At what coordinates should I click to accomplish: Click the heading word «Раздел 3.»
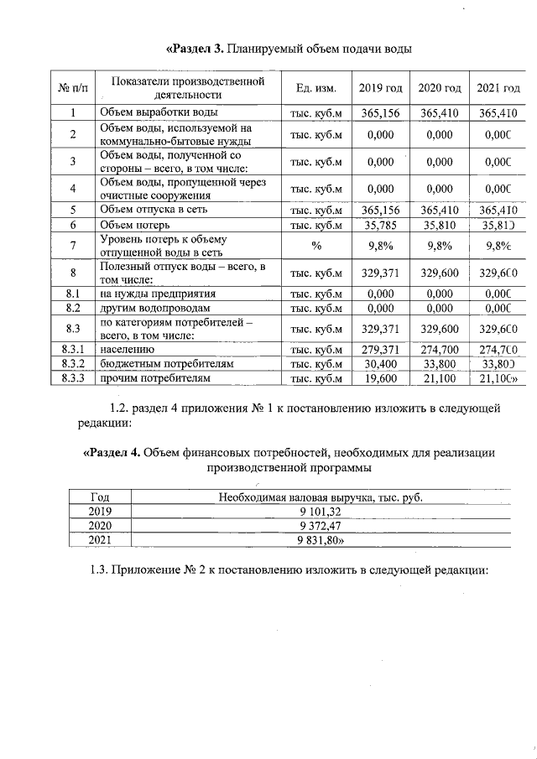[196, 48]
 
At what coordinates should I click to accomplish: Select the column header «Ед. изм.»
[316, 88]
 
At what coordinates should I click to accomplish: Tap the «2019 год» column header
[380, 88]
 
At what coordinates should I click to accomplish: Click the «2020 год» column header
[440, 88]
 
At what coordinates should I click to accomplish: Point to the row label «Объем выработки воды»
[159, 112]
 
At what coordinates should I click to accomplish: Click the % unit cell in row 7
[316, 246]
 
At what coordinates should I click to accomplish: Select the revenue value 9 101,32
[320, 511]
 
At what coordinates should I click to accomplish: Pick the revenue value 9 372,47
[320, 525]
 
